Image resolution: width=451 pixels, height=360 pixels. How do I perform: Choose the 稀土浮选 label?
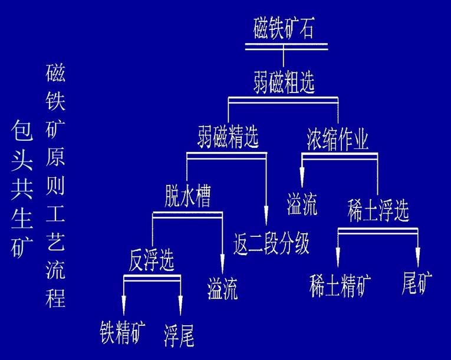coord(378,211)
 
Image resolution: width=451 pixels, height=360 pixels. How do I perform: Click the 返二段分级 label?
coord(272,243)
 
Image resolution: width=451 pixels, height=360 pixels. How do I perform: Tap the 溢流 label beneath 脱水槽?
coord(222,289)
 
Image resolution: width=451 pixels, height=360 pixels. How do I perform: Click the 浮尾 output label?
coord(179,335)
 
